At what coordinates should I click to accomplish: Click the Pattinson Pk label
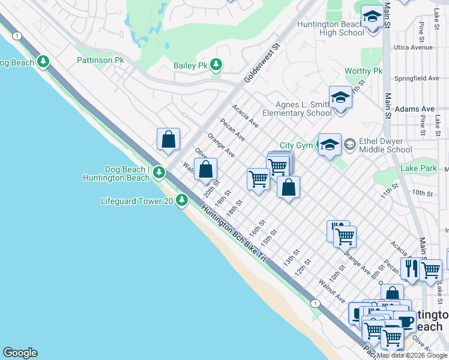point(100,61)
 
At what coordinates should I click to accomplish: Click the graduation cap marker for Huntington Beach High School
point(372,17)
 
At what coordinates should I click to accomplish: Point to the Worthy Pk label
point(363,71)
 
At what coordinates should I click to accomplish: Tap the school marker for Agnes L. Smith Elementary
point(340,97)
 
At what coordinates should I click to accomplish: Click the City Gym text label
point(296,146)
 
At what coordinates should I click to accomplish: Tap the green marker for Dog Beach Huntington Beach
point(159,173)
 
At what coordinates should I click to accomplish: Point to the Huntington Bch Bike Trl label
point(234,234)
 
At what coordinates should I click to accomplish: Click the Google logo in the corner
point(20,353)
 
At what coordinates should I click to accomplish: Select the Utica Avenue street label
point(413,47)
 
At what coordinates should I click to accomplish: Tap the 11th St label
point(390,194)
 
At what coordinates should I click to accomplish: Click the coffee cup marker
point(404,321)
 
